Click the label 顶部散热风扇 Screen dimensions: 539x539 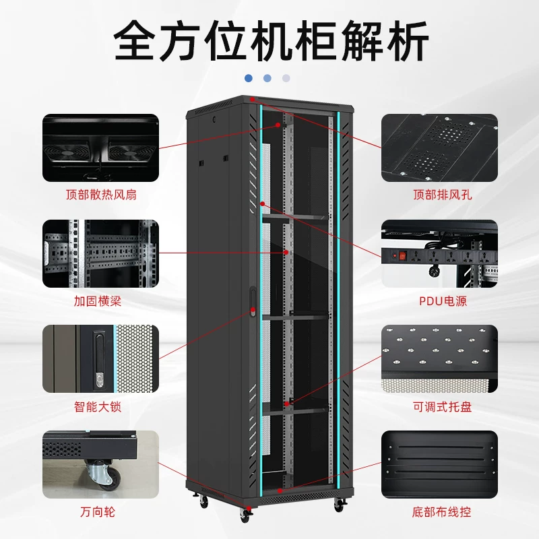101,195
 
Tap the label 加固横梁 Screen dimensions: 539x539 98,301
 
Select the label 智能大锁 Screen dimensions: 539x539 98,407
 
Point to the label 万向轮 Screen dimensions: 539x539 98,512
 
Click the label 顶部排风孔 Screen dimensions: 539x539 443,195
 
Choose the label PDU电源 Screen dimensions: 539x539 443,301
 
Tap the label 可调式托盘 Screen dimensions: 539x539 443,407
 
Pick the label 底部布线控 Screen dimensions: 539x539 441,512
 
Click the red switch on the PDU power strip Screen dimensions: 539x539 402,256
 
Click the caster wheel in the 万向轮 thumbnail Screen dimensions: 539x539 104,475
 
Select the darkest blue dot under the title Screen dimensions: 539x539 249,78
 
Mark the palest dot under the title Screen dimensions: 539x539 286,78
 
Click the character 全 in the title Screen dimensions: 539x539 135,40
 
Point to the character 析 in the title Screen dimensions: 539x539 408,40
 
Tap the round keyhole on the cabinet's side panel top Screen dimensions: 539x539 215,120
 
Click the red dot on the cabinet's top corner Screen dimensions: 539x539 252,99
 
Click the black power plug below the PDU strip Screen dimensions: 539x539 434,271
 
